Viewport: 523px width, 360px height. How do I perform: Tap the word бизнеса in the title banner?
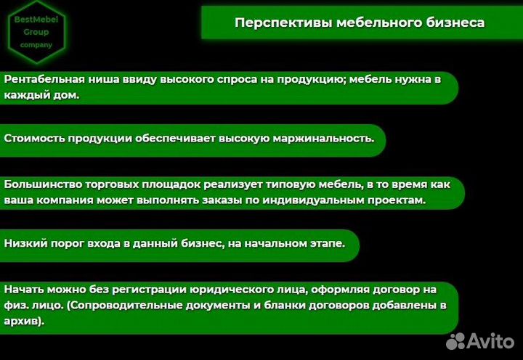(x=455, y=22)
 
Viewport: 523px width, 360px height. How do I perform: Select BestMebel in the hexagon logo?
(x=36, y=19)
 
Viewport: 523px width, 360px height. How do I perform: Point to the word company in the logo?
(x=36, y=44)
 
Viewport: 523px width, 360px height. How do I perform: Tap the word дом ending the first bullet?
(x=65, y=94)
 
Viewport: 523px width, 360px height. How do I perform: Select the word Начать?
(x=24, y=288)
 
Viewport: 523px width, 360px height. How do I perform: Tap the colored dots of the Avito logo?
(x=456, y=340)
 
